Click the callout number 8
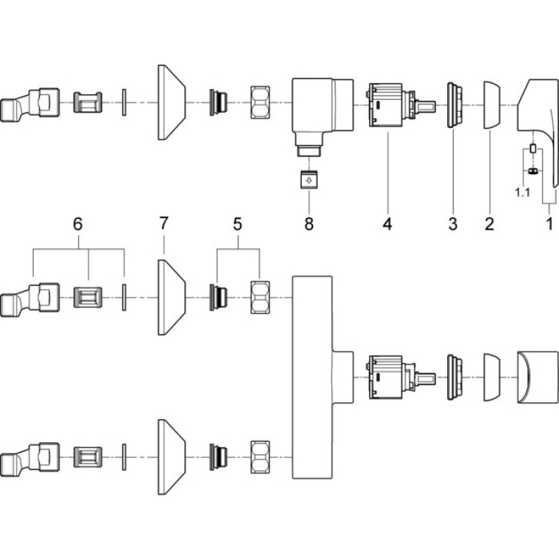tap(309, 224)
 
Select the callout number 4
tap(388, 224)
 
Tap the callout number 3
tap(453, 224)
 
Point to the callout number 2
tap(490, 224)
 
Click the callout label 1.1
tap(523, 193)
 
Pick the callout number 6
tap(78, 224)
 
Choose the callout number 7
tap(164, 223)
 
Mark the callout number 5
tap(238, 224)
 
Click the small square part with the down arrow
tap(309, 180)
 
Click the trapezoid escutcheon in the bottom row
tap(171, 457)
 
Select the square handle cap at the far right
tap(538, 377)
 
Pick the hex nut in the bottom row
tap(260, 457)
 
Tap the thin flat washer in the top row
tap(124, 102)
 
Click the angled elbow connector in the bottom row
tap(30, 457)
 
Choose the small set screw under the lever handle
tap(532, 171)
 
